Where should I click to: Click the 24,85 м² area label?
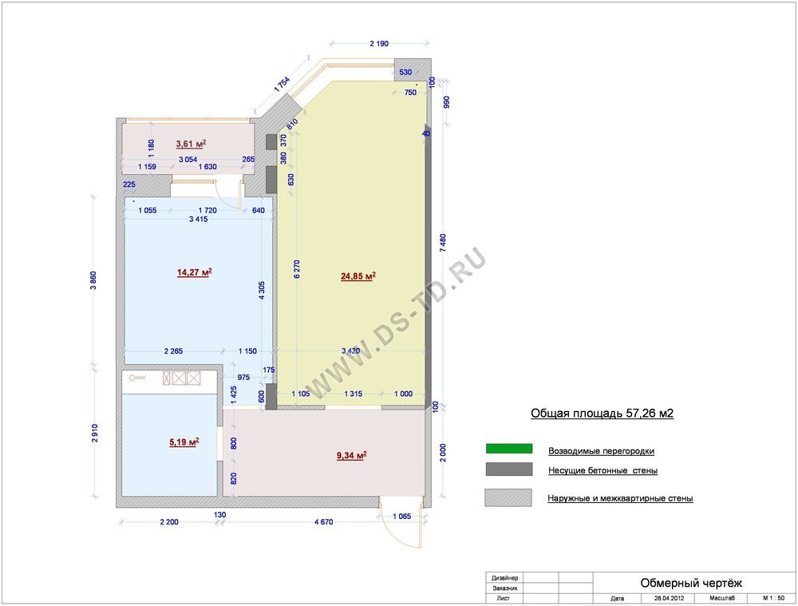click(358, 276)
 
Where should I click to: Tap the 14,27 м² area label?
click(195, 272)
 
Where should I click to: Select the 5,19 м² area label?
click(184, 442)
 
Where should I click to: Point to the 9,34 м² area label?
click(352, 455)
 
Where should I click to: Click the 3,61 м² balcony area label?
click(191, 145)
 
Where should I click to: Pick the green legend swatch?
click(509, 449)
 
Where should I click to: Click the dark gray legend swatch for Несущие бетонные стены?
click(509, 469)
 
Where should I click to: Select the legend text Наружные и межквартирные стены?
click(620, 498)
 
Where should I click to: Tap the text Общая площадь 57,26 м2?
click(602, 413)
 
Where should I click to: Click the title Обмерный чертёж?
click(691, 583)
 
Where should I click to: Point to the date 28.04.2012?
click(669, 598)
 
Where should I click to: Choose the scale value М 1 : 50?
click(773, 598)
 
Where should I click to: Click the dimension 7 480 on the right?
click(443, 243)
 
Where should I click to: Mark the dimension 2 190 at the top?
click(379, 44)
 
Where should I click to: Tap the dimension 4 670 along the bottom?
click(324, 522)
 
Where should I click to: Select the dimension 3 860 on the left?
click(93, 280)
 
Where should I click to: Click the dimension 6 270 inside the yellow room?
click(297, 269)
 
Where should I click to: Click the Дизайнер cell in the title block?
click(505, 578)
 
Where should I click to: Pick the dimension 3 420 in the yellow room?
click(350, 351)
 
